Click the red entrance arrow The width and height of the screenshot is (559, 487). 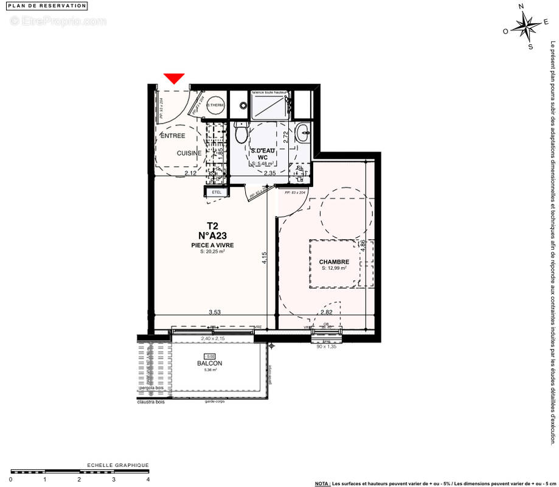point(174,78)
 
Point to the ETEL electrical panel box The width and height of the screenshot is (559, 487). point(217,192)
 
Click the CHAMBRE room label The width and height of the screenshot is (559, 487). point(334,262)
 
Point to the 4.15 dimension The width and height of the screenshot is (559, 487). point(265,258)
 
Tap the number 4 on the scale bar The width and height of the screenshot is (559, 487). point(148,479)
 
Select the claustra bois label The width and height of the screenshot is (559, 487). point(153,401)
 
